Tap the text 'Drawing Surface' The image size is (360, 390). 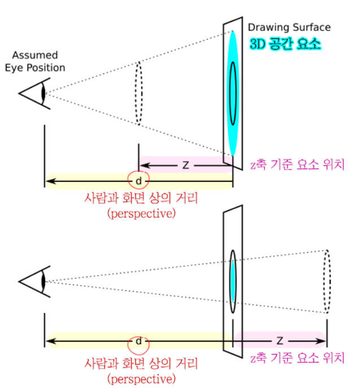289,27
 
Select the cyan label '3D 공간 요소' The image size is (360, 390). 285,43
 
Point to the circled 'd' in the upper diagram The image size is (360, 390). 138,181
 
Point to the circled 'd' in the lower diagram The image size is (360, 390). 138,342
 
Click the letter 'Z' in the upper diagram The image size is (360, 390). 186,165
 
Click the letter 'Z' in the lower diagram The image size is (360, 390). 279,341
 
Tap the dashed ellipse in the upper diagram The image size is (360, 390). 138,93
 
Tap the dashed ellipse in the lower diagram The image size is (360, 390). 327,281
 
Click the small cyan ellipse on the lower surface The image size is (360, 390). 232,281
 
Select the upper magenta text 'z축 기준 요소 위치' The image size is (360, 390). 297,165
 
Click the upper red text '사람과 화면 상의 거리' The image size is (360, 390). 141,198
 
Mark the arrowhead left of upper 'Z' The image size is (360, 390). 143,165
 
